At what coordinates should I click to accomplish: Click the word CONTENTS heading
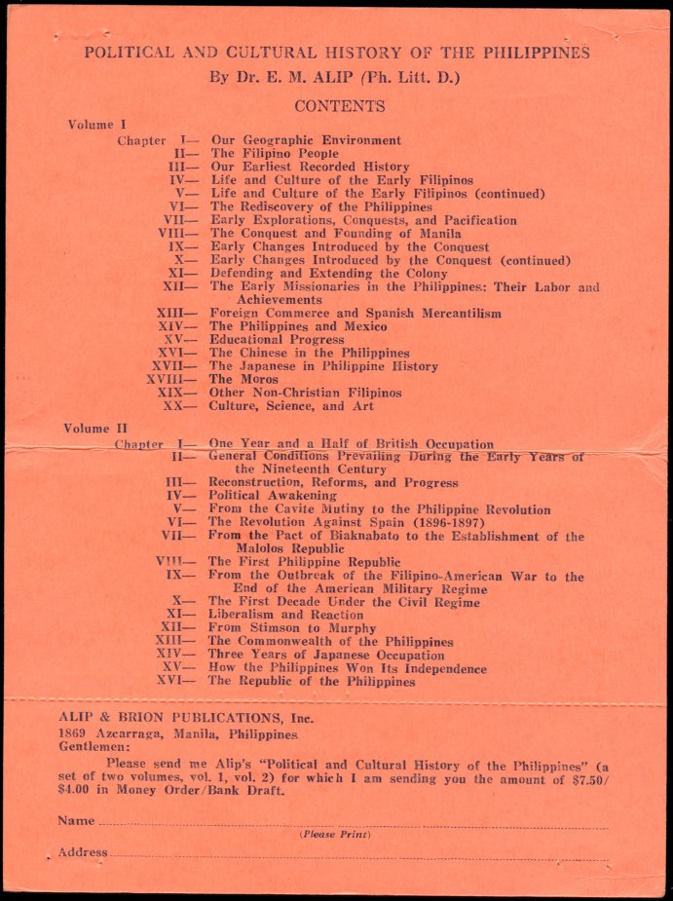pos(339,106)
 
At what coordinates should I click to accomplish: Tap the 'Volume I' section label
pos(96,125)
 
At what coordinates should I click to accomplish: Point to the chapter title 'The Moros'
pos(235,379)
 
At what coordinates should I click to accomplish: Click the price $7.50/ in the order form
pos(585,777)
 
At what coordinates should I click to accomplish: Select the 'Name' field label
pos(76,821)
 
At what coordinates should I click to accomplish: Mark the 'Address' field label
pos(82,852)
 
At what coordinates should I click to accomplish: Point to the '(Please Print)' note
pos(334,835)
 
